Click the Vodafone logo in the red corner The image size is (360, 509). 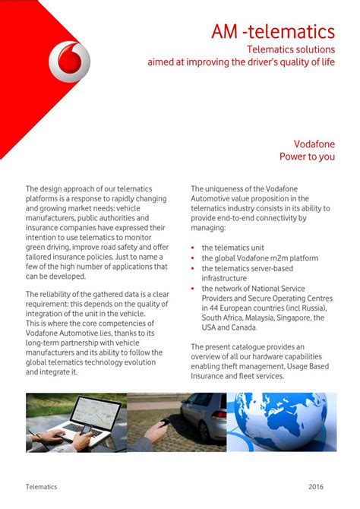(x=68, y=62)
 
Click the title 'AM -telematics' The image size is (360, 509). (x=273, y=32)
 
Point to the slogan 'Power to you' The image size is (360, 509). (x=307, y=156)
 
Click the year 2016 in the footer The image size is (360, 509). (x=317, y=486)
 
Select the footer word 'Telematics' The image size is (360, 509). (x=41, y=486)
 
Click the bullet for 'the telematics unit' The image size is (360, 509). (x=194, y=248)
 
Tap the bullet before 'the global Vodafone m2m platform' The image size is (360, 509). (x=194, y=258)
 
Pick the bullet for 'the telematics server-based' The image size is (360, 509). (x=194, y=269)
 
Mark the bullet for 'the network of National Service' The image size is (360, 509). (x=194, y=289)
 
